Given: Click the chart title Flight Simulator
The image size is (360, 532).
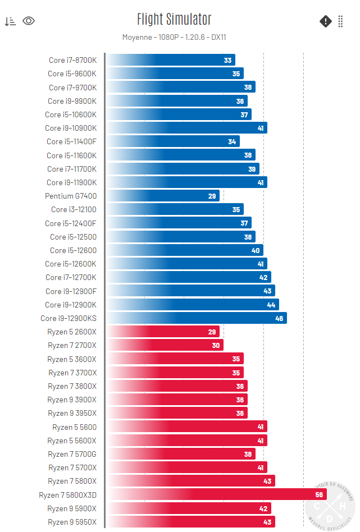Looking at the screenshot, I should tap(174, 20).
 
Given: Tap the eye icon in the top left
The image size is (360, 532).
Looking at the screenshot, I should tap(29, 21).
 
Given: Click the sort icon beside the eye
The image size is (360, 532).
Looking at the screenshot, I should tap(10, 21).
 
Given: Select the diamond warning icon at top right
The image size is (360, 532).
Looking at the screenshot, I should tap(326, 21).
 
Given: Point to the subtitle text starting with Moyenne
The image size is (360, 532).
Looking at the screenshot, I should tap(174, 38).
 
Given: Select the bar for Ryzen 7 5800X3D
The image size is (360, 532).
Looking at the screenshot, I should tap(216, 494).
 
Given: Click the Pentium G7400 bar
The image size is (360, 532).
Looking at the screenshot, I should tap(163, 196).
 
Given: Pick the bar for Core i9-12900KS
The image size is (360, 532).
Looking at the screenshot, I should tap(197, 318).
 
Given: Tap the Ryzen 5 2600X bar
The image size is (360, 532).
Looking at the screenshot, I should tap(163, 332).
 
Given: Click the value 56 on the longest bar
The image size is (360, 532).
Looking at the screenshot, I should tap(319, 494).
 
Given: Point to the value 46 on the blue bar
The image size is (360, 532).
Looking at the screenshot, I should tap(279, 318).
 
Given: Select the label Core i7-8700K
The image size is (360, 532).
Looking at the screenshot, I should tap(72, 60).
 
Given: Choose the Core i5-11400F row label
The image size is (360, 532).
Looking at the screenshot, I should tap(71, 141).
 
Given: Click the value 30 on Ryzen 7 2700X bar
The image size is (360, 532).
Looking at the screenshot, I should tap(216, 345).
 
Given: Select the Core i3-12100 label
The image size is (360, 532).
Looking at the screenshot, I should tap(74, 209).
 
